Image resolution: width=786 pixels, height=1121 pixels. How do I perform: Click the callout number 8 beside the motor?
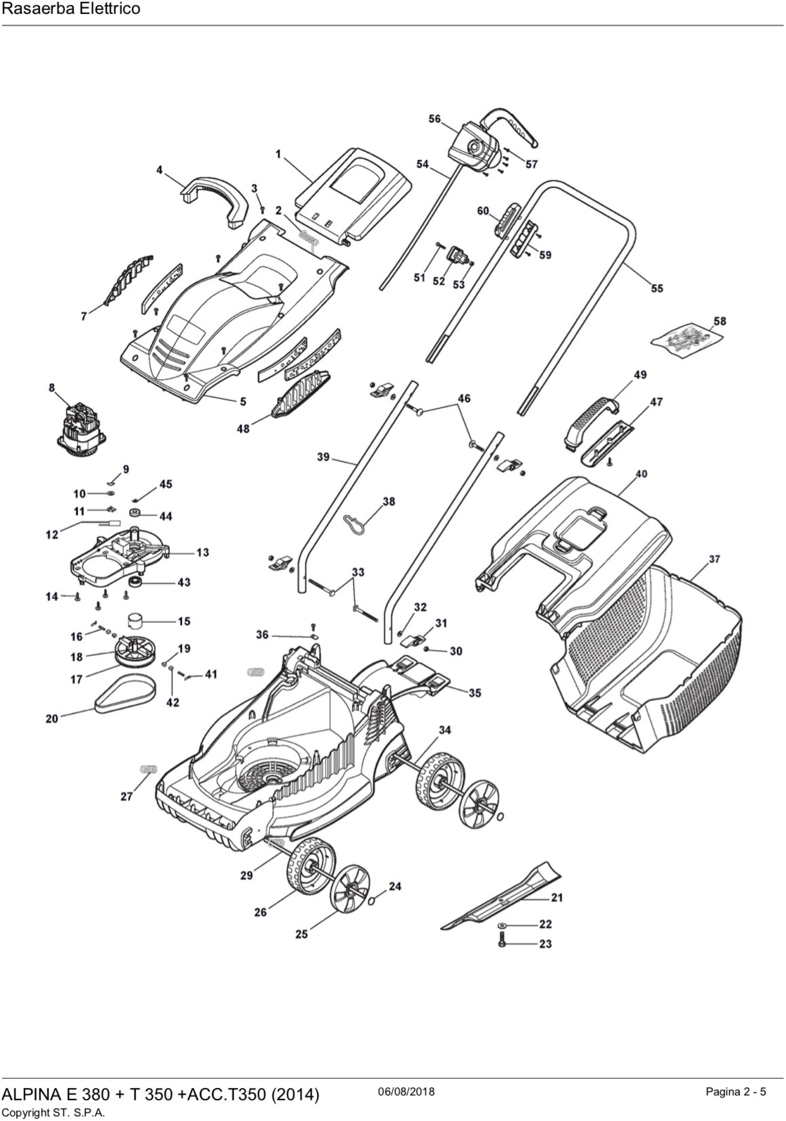click(x=52, y=388)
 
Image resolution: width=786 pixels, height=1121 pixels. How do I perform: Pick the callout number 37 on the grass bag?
click(x=714, y=559)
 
